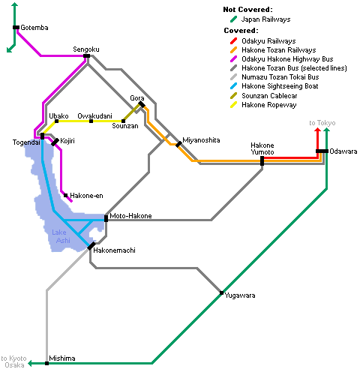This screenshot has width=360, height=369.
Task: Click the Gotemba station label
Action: [34, 28]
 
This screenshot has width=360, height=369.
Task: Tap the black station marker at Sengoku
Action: [86, 55]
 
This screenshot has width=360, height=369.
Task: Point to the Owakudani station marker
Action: [91, 121]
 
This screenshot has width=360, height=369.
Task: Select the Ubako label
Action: [58, 116]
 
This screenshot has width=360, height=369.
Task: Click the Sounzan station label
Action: [125, 126]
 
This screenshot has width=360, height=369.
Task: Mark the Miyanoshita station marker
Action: [178, 144]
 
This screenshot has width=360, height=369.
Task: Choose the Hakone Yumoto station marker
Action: [262, 160]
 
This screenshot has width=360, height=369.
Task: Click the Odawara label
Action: [343, 151]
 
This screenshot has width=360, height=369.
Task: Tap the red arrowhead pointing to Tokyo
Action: [317, 130]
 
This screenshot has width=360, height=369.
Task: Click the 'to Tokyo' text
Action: [322, 123]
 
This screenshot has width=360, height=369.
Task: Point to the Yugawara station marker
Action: [221, 292]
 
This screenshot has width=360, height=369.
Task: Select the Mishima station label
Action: [62, 358]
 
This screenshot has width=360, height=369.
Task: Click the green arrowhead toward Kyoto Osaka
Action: [30, 363]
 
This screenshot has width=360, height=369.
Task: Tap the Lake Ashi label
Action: [61, 236]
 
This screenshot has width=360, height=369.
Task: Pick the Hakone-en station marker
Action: [65, 195]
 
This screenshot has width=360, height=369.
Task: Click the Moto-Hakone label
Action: [130, 216]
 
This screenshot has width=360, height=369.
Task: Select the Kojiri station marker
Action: [55, 142]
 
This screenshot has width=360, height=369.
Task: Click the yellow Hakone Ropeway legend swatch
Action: [233, 105]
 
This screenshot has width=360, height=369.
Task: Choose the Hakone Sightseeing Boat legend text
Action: [280, 86]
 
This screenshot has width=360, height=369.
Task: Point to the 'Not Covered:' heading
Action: [247, 10]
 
